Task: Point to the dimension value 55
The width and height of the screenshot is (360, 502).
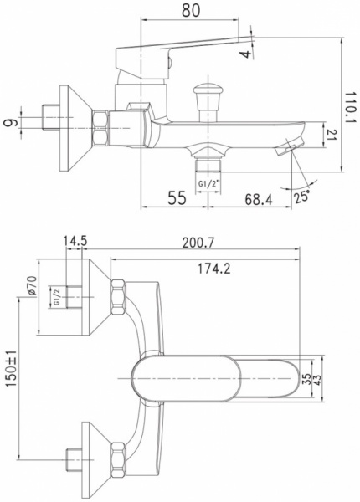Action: tap(177, 198)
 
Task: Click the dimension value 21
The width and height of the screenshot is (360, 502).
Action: tap(332, 136)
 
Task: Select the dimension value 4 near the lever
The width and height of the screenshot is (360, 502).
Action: tap(244, 54)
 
